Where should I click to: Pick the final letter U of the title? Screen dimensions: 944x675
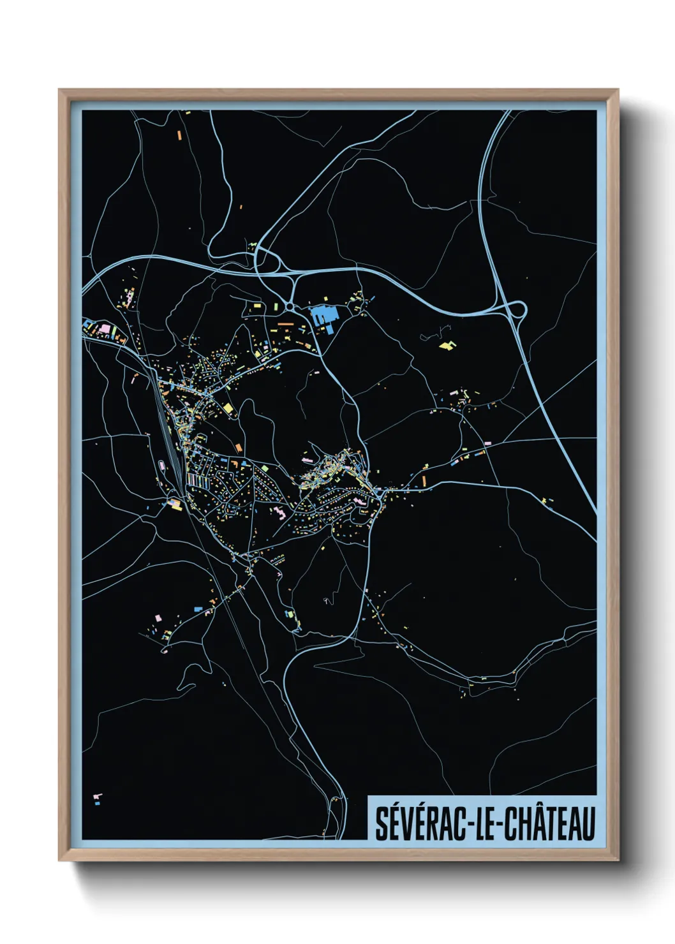(588, 824)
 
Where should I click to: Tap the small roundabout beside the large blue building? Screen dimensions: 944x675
(290, 307)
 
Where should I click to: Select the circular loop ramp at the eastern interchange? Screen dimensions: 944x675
(517, 311)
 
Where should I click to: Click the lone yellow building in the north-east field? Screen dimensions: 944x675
(448, 346)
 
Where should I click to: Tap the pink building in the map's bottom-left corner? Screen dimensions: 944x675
(98, 796)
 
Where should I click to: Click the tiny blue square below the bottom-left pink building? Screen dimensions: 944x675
(97, 803)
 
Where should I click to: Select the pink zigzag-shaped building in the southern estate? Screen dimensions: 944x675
(279, 512)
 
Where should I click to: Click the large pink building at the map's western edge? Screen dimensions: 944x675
(103, 328)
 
